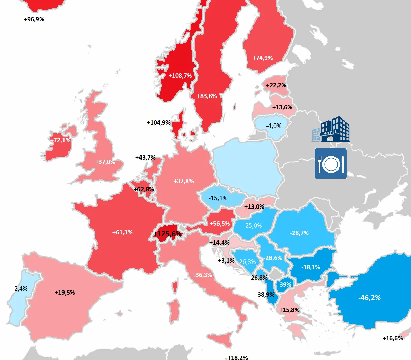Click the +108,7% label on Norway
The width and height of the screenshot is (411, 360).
(x=180, y=76)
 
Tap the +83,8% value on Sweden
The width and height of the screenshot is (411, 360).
(x=207, y=96)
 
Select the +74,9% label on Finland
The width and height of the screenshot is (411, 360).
(x=262, y=58)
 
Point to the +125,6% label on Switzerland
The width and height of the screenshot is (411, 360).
(x=168, y=234)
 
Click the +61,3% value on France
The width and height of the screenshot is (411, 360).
(x=122, y=232)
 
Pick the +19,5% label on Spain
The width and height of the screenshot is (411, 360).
(x=65, y=293)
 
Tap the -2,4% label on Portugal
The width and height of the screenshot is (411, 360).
(x=20, y=289)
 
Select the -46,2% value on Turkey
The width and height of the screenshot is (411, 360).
(x=369, y=298)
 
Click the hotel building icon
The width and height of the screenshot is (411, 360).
(x=331, y=129)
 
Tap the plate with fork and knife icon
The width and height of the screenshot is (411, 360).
(x=331, y=163)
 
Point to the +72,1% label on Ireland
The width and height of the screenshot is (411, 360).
(x=60, y=140)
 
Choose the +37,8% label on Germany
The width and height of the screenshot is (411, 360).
(x=183, y=181)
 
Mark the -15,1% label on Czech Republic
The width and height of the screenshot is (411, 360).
(x=218, y=198)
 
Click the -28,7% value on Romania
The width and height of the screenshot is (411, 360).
(x=299, y=233)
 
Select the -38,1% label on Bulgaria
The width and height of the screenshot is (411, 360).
(x=310, y=267)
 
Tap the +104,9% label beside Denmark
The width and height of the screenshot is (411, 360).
(x=158, y=123)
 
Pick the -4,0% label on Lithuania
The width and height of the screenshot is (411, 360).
(x=274, y=126)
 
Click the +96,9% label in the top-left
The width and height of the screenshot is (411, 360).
(x=34, y=19)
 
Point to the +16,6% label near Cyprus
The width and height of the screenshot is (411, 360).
(x=392, y=338)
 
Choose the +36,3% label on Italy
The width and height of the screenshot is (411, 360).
(x=202, y=275)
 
